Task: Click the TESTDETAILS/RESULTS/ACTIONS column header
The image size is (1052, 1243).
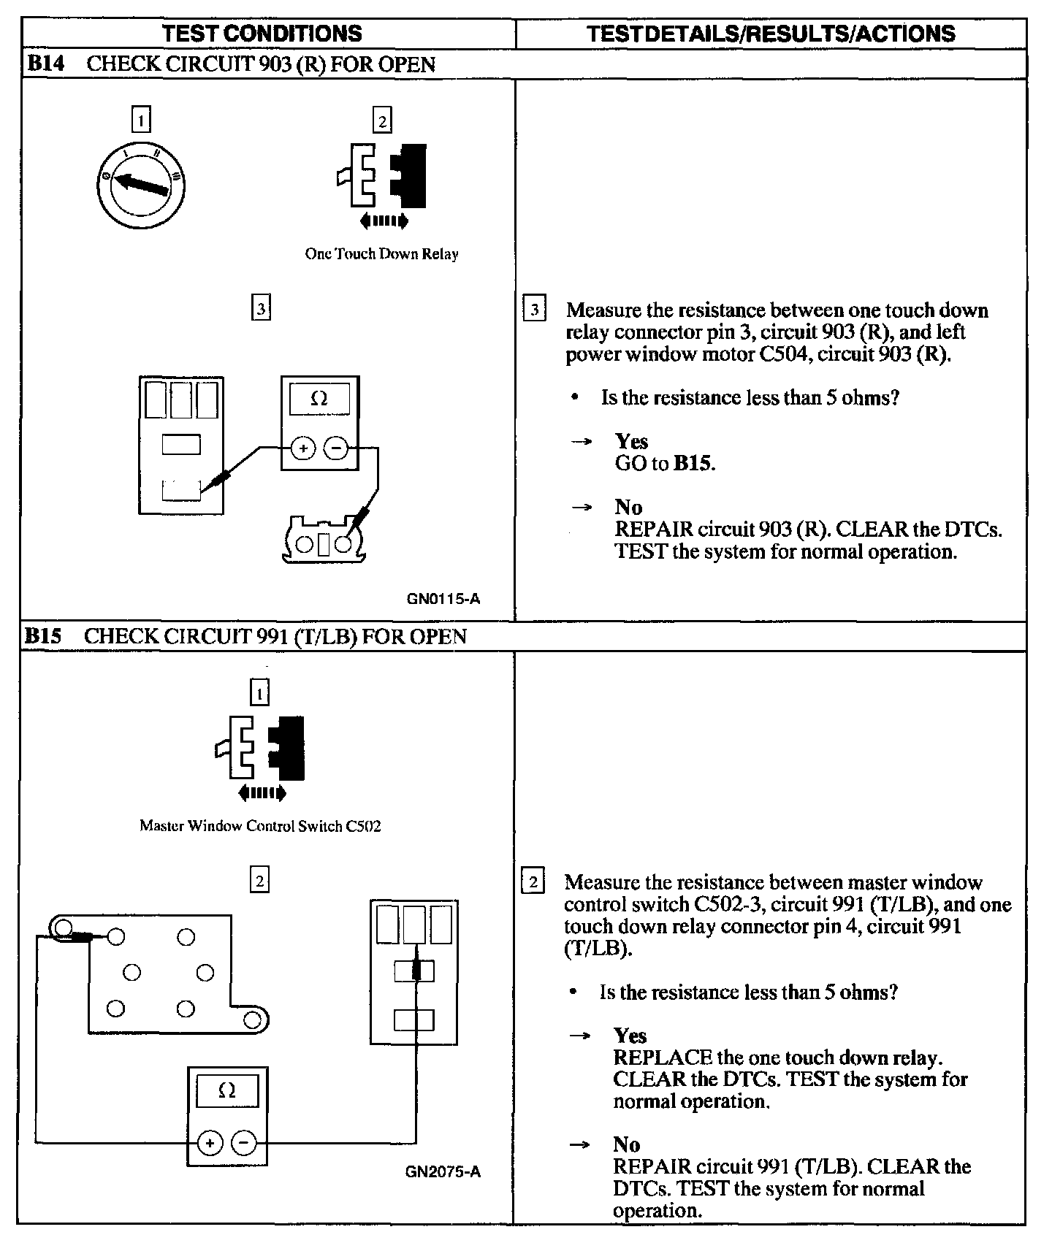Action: click(x=771, y=34)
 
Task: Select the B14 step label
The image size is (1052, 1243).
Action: click(x=45, y=64)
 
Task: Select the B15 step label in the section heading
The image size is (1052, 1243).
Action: click(x=43, y=636)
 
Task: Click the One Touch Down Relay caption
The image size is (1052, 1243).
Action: click(x=381, y=254)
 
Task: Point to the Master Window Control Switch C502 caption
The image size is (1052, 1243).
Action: click(x=260, y=827)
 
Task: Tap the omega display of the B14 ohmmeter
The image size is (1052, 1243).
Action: click(x=319, y=399)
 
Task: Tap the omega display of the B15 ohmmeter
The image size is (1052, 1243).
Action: click(x=227, y=1091)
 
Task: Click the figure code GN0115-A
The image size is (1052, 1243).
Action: click(x=443, y=600)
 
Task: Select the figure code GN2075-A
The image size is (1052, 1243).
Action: click(x=443, y=1172)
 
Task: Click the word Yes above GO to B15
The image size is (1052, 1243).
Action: click(x=631, y=441)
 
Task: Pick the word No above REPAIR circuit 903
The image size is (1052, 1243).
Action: click(x=628, y=507)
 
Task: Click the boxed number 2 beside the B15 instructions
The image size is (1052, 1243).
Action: click(x=533, y=882)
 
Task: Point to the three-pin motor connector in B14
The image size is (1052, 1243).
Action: click(x=324, y=541)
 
